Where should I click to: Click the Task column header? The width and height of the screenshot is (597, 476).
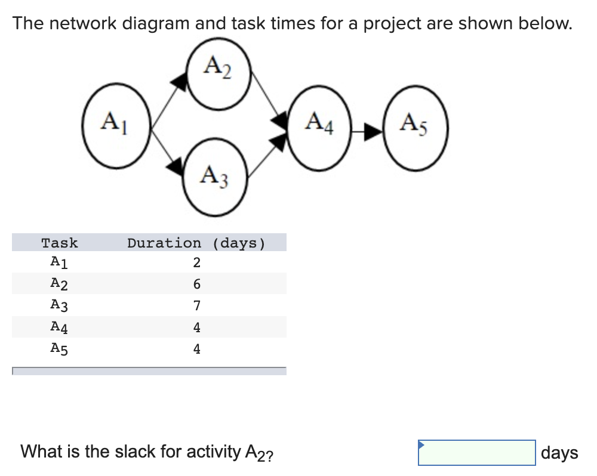[x=60, y=243]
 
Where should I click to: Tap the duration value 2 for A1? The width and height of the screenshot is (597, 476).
[x=196, y=262]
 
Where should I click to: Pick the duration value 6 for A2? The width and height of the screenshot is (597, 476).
[x=196, y=285]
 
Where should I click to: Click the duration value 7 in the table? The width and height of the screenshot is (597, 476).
[x=196, y=306]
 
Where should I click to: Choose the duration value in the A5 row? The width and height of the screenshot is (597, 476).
[x=196, y=349]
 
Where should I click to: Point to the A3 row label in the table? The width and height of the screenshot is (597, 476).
[x=59, y=306]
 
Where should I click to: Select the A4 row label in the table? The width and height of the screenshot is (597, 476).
[x=59, y=327]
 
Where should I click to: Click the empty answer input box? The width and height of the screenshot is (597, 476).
[x=476, y=453]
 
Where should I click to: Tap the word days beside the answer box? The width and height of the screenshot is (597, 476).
[x=559, y=453]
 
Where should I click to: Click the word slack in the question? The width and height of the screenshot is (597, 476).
[x=134, y=452]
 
